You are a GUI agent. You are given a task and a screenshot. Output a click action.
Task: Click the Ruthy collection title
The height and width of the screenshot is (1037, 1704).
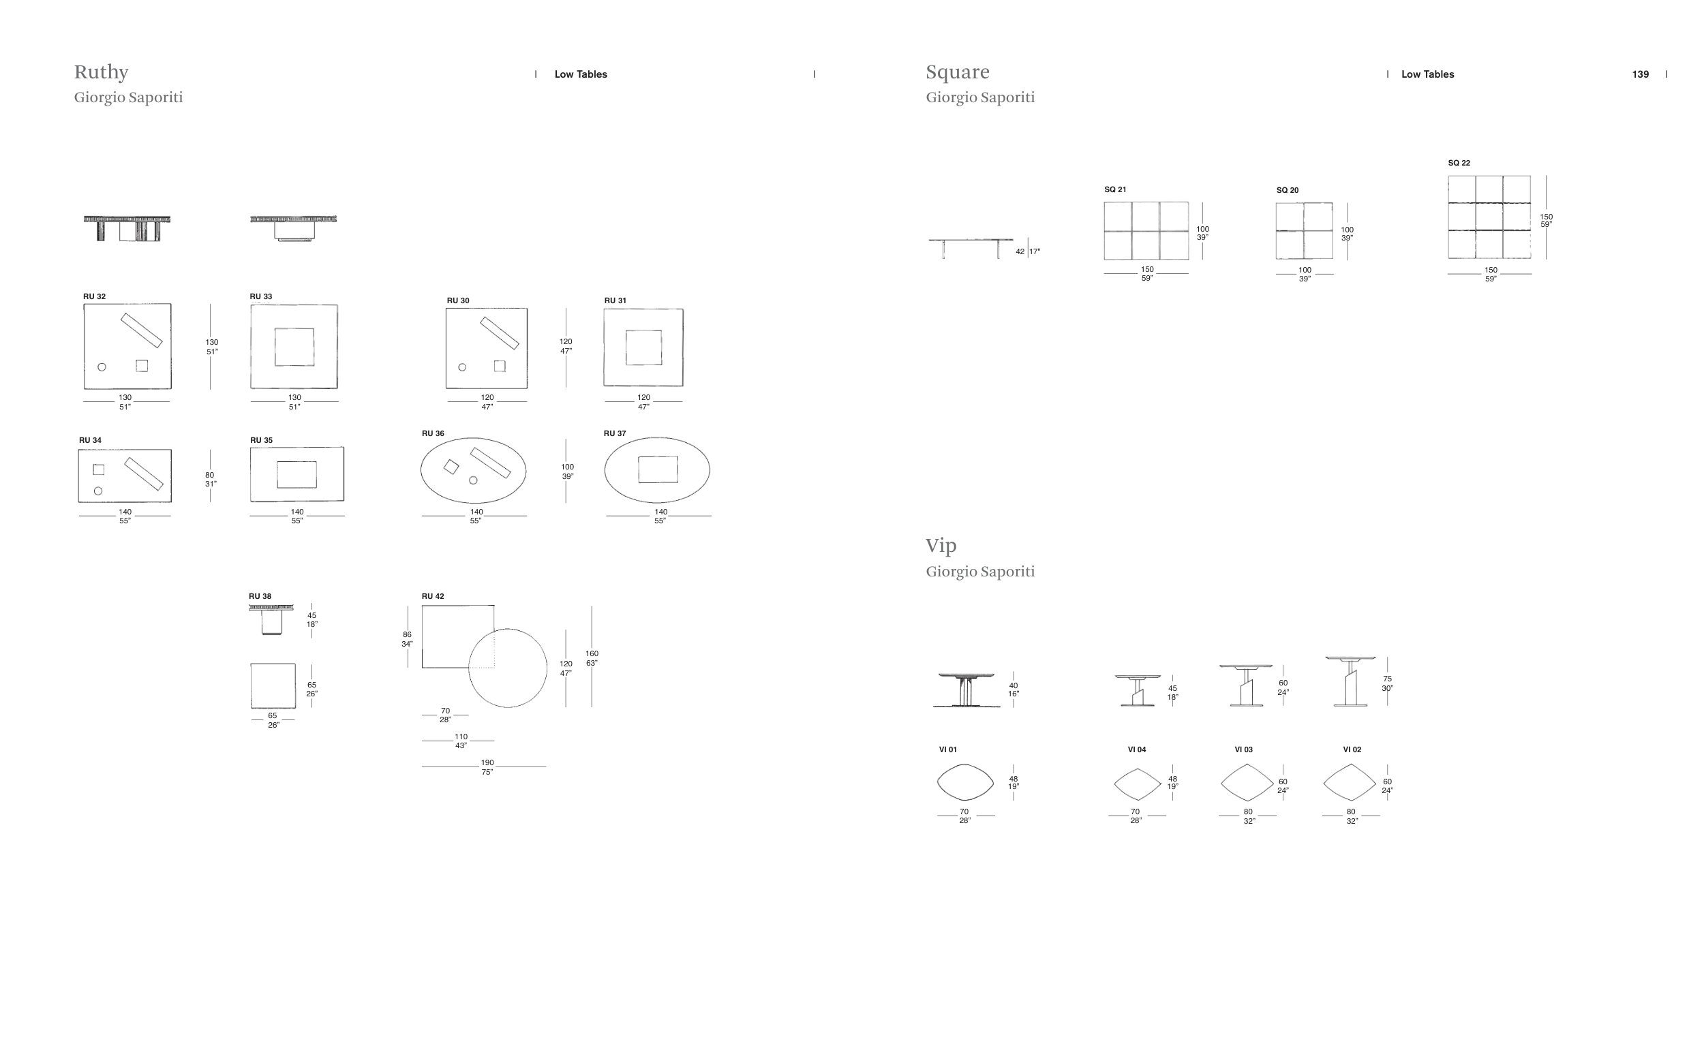(x=101, y=72)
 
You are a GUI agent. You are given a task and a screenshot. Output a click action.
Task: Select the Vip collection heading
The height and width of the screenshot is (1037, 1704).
(x=941, y=546)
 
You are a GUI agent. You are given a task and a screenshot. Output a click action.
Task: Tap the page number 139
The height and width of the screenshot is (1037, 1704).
(x=1640, y=74)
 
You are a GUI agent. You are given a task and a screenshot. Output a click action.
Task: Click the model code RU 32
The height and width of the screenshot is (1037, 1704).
(x=94, y=296)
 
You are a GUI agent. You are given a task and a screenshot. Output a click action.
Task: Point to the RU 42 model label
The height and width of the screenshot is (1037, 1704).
(x=433, y=596)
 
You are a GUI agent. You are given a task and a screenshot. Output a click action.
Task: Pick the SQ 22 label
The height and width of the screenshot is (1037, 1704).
(x=1459, y=163)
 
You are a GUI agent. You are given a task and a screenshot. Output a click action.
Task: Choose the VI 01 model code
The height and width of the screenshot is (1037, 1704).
(x=947, y=749)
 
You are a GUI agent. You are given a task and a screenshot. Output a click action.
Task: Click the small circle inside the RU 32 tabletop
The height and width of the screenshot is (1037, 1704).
(x=102, y=367)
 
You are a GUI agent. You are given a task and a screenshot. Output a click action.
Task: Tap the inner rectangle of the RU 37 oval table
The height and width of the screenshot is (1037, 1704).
(x=658, y=469)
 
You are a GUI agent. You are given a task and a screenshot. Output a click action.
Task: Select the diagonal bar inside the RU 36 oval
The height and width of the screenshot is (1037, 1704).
(x=490, y=463)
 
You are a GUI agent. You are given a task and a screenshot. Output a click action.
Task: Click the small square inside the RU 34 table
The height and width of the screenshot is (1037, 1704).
(x=99, y=470)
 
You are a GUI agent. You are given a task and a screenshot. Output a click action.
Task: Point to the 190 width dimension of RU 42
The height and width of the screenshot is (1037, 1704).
(x=487, y=763)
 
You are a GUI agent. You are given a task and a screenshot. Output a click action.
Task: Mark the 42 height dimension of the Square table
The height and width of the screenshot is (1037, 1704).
(x=1020, y=251)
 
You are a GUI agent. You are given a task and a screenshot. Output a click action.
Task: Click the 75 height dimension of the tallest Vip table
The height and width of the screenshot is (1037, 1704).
(x=1386, y=679)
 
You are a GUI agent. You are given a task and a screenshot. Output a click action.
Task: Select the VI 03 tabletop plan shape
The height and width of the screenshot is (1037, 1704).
(x=1247, y=783)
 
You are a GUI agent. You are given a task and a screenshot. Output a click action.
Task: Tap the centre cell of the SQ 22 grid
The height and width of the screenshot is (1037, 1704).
(x=1489, y=217)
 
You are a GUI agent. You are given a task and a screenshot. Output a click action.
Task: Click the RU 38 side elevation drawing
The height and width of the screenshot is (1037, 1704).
(x=271, y=619)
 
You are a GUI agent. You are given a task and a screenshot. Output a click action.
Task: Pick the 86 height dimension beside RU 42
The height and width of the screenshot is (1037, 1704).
(x=407, y=634)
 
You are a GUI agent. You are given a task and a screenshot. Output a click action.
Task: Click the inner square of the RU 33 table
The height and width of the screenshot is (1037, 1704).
(x=294, y=346)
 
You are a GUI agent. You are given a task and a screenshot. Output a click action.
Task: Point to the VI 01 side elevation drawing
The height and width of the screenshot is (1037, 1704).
(x=966, y=690)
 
